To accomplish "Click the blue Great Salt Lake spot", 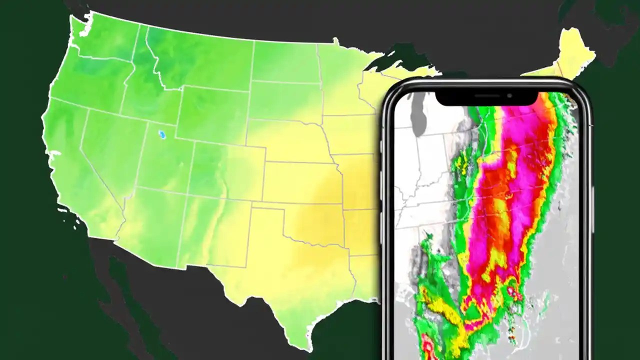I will pos(161,134).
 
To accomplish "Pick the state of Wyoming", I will pos(212,112).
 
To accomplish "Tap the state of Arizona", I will pos(150,220).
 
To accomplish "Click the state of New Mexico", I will pos(215,230).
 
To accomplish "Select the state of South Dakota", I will pos(285,100).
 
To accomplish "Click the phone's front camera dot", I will pos(509,95).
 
